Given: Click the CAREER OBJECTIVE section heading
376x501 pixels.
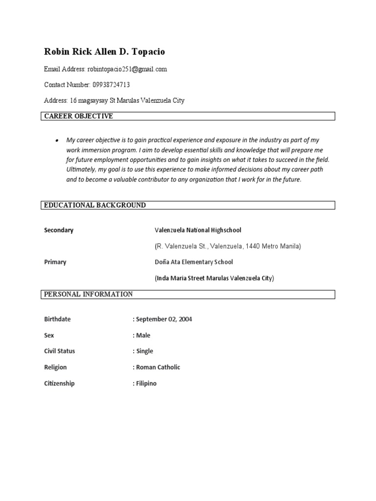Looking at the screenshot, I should coord(79,116).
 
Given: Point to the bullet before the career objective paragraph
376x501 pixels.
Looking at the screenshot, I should coord(57,140).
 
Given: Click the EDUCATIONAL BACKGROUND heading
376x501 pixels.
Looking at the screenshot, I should coord(95,205).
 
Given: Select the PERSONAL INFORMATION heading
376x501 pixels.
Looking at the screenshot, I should coord(89,295).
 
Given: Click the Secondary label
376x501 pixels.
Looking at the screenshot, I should coord(59,230).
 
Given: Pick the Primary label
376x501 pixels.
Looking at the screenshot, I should coord(55,262).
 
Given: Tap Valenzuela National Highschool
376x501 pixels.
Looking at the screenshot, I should coord(198,230).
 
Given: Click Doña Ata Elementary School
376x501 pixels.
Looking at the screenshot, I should coord(194,262).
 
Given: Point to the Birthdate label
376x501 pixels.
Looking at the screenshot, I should coord(57,319).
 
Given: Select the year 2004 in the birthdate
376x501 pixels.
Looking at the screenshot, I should coord(186,319).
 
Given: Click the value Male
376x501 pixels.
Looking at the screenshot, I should coord(143,336).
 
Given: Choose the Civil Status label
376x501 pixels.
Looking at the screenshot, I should coord(60,351).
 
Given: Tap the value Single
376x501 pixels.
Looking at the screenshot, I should coord(144,351).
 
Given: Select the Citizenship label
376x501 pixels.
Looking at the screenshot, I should coord(59,384).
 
